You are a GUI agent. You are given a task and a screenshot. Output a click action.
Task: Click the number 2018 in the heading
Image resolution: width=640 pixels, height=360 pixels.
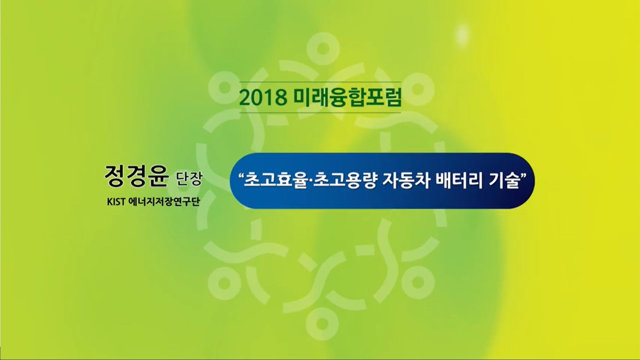pyautogui.click(x=263, y=97)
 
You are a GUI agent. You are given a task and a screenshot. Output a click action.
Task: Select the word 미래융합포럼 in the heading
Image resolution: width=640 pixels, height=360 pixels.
pyautogui.click(x=347, y=97)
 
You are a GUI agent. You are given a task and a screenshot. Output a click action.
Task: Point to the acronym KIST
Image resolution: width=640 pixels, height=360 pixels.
pyautogui.click(x=116, y=202)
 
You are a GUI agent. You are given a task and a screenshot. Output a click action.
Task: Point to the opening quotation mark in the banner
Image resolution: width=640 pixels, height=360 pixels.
pyautogui.click(x=241, y=175)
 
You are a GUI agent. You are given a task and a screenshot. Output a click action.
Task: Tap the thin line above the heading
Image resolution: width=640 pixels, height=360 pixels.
pyautogui.click(x=320, y=82)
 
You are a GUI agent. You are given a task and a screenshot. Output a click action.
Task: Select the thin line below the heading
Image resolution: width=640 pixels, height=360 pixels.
pyautogui.click(x=320, y=113)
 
